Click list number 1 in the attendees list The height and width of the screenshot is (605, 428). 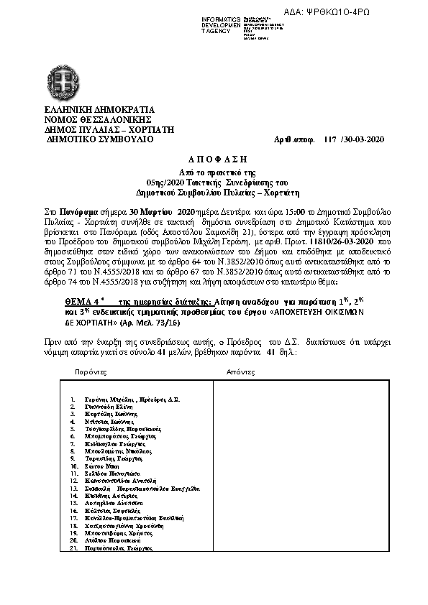tap(74, 399)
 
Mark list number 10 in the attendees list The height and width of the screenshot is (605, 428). tap(73, 466)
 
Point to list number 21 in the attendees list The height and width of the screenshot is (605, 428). tap(73, 548)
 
